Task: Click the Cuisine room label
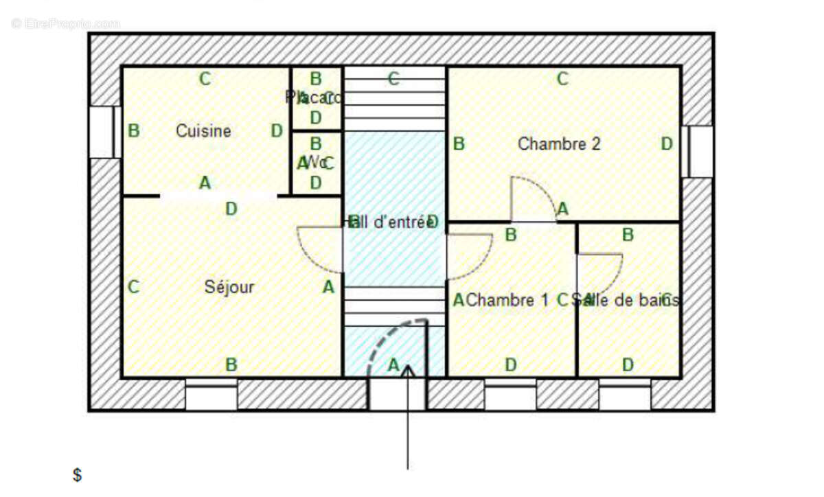203,130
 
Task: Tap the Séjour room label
229,287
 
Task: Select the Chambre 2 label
559,144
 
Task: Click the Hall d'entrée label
392,222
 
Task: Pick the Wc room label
316,163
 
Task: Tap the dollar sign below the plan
78,474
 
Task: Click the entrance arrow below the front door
409,419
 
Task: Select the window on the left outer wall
101,132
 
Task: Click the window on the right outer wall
701,152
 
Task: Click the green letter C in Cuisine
205,79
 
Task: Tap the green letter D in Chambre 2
666,144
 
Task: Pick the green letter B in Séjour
232,365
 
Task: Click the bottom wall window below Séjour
211,397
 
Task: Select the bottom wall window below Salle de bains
624,397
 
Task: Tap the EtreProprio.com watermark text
65,23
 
